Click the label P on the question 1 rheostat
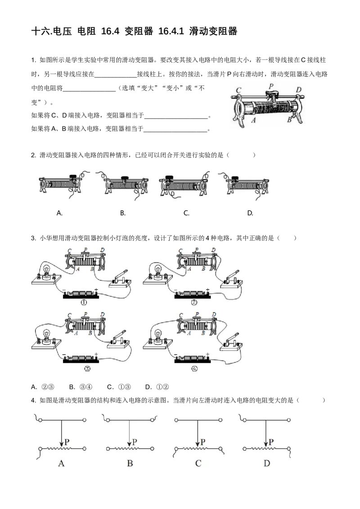(271, 86)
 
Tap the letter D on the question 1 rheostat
(298, 89)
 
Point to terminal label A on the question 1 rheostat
(254, 120)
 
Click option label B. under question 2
(122, 213)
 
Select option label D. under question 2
(250, 213)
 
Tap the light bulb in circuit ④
(158, 335)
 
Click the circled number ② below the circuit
(194, 303)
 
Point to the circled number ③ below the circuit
(87, 368)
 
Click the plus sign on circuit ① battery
(96, 290)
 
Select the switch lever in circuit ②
(233, 275)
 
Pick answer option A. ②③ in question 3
(43, 387)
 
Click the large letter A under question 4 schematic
(61, 463)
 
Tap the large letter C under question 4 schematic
(198, 463)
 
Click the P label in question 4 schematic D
(271, 442)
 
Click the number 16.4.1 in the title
(171, 31)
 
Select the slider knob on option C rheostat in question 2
(169, 177)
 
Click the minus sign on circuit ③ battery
(64, 354)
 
